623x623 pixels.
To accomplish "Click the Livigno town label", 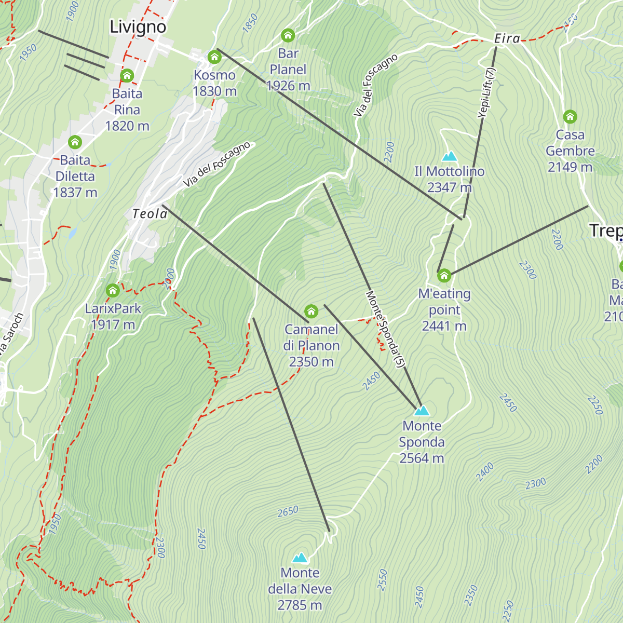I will pos(138,27).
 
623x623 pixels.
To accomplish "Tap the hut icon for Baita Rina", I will pos(127,76).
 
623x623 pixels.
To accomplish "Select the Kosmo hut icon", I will pos(214,57).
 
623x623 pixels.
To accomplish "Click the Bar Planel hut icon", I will pos(288,35).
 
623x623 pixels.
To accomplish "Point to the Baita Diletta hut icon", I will pos(75,142).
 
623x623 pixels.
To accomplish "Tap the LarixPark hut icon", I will pos(113,290).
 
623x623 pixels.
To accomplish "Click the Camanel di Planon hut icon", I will pos(311,311).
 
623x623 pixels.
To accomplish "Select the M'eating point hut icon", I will pos(444,275).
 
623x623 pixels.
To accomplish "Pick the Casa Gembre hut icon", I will pos(570,116).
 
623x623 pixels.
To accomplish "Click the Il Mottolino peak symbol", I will pos(449,156).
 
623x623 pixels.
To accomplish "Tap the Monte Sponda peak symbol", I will pos(422,411).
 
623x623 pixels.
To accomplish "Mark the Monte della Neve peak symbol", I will pos(300,558).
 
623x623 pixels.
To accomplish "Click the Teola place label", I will pos(150,214).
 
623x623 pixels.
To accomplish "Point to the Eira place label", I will pos(507,38).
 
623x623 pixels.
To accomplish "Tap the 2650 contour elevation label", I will pos(288,511).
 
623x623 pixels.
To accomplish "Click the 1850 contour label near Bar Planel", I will pos(250,24).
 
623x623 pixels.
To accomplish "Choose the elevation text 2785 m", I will pos(300,605).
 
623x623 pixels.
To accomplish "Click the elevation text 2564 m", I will pos(422,458).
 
